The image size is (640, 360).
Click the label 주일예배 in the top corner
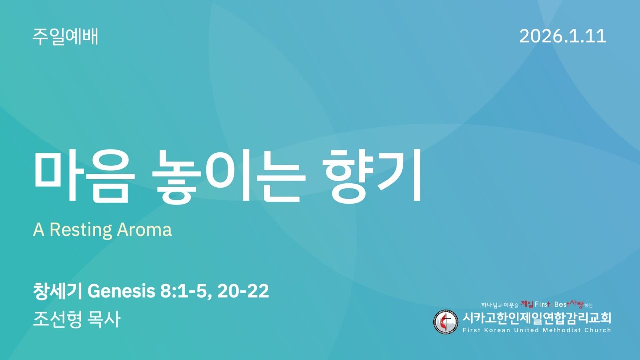click(x=65, y=37)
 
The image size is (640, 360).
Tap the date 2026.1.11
click(x=563, y=36)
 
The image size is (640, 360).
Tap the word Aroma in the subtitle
click(x=144, y=230)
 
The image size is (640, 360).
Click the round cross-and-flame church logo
click(x=445, y=322)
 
